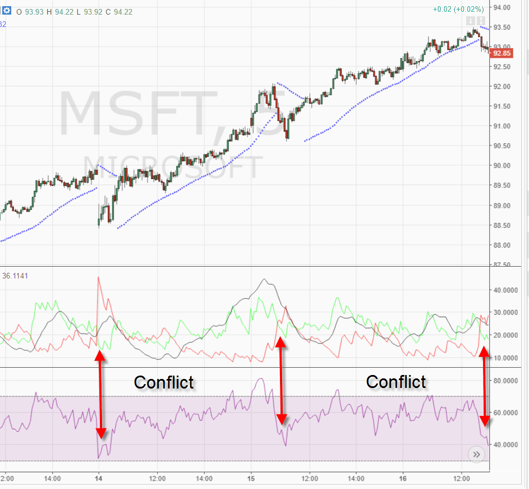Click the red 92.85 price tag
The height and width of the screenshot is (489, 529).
pos(500,53)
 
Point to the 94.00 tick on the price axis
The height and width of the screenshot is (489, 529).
pos(502,7)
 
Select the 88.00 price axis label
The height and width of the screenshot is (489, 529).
pos(502,245)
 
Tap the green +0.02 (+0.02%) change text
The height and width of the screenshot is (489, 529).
pos(458,10)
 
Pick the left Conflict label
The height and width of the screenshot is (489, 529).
pos(164,382)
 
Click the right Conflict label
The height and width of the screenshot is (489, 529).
pos(396,382)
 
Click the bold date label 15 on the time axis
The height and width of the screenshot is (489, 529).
pos(251,478)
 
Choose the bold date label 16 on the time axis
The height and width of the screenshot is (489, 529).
pos(403,478)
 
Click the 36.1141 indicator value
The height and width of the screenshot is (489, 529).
pos(15,276)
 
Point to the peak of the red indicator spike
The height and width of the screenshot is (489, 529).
pos(99,277)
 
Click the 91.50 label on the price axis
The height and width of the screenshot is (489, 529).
pos(502,106)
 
